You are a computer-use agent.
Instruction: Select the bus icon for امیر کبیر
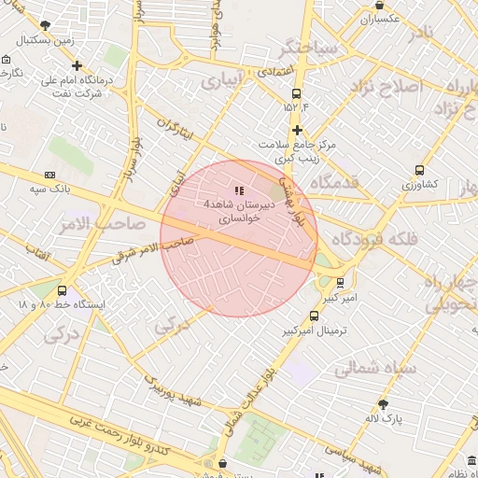tap(340, 281)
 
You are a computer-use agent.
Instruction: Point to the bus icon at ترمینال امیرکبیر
tap(314, 316)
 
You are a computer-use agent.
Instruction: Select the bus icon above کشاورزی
tap(419, 170)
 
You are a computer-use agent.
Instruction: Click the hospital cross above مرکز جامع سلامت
tap(297, 130)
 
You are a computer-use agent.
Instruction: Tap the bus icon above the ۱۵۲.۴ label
tap(297, 93)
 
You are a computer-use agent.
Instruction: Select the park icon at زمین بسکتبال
tap(46, 25)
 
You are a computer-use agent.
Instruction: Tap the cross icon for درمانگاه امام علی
tap(77, 65)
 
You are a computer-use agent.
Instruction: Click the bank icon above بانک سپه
tap(49, 175)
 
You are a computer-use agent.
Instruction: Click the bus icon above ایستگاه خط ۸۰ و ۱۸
tap(62, 290)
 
